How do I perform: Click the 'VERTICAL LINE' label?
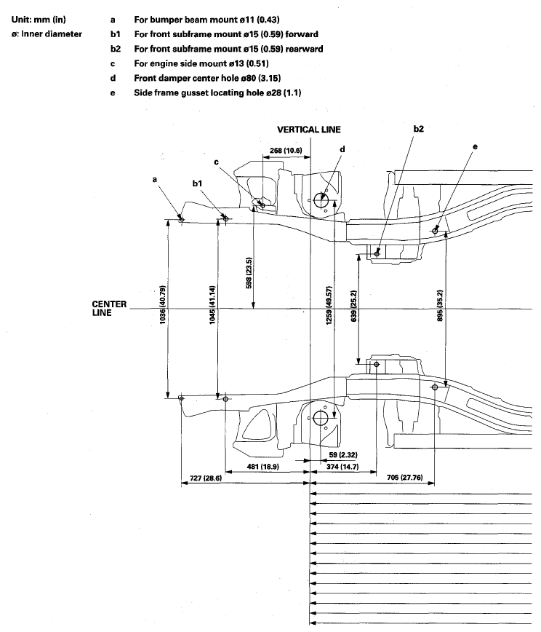click(309, 130)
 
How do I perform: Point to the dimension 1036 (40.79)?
click(164, 309)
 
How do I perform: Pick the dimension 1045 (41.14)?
click(212, 309)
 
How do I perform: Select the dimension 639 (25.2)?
click(355, 309)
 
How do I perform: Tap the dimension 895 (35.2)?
click(440, 309)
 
